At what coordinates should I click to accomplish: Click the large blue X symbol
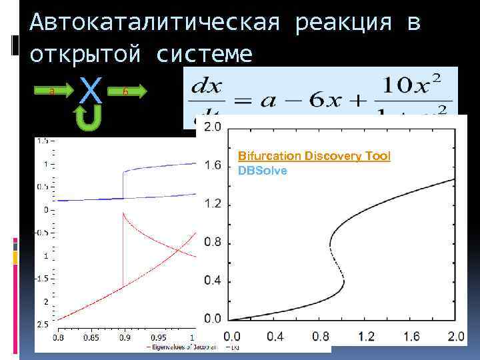(x=90, y=90)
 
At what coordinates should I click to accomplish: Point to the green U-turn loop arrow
(x=88, y=120)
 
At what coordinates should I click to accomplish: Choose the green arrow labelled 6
(x=127, y=91)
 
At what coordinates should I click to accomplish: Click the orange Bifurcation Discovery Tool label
(x=314, y=156)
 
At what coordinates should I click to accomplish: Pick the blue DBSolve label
(x=263, y=170)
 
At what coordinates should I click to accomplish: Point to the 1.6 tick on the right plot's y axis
(x=212, y=165)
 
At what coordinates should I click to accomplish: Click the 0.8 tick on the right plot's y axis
(x=212, y=242)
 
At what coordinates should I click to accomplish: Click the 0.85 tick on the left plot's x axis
(x=91, y=337)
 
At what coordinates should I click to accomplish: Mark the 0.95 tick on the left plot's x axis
(x=158, y=337)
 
